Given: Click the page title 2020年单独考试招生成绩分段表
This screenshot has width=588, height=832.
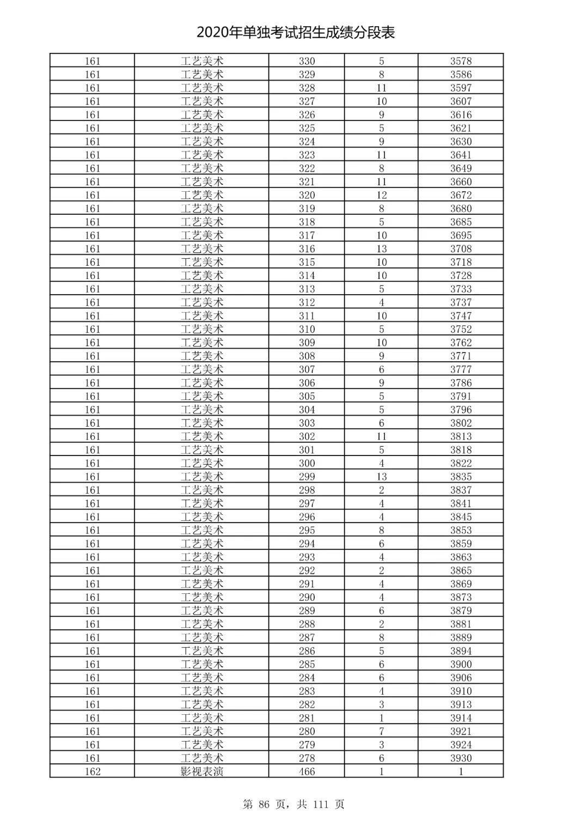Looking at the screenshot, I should tap(296, 33).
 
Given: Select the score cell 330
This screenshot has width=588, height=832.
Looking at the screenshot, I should tap(307, 61).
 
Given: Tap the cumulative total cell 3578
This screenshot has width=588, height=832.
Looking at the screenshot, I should tap(461, 61).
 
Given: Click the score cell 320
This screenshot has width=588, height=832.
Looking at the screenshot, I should tap(307, 195).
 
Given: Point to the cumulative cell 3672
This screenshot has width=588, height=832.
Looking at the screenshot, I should tap(461, 195).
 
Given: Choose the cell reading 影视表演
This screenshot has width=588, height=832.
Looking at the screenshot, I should tap(202, 772).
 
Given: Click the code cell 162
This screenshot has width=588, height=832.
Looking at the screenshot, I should tap(93, 772).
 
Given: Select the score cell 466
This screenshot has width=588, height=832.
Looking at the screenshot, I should tap(307, 772).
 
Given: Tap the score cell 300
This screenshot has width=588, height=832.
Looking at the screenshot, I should tap(307, 463).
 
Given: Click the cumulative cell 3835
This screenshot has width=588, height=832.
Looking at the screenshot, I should tap(461, 477).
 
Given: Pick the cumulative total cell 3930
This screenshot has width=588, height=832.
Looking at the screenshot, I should tap(461, 758).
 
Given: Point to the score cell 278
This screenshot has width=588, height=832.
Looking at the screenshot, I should tap(307, 758).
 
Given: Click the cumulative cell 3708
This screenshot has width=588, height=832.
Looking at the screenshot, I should tap(461, 248).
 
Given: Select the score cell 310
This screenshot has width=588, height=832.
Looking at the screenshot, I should tap(307, 329).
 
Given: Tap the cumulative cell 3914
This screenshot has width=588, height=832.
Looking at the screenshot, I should tap(461, 718).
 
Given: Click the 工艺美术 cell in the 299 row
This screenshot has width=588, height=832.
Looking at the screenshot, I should tap(202, 477).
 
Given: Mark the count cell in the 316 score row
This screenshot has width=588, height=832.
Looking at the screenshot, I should tap(381, 248).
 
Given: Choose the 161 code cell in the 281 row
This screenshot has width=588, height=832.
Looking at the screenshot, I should tap(93, 718).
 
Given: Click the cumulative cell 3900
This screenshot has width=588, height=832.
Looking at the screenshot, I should tap(461, 664).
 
